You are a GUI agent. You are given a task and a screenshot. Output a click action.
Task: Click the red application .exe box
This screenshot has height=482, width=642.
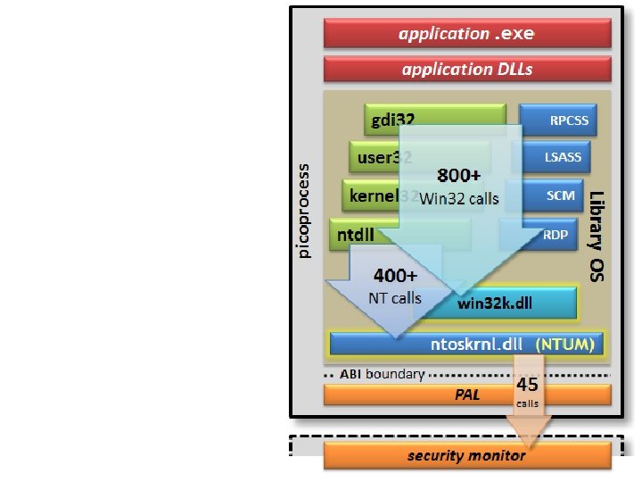[467, 34]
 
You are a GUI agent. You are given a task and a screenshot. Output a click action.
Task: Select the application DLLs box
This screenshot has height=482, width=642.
[467, 69]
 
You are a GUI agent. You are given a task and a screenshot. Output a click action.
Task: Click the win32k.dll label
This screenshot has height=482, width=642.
[495, 303]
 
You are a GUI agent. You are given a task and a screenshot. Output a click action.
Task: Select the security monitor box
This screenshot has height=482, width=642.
[467, 455]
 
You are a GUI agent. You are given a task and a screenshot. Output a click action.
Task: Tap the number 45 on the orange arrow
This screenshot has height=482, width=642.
[527, 385]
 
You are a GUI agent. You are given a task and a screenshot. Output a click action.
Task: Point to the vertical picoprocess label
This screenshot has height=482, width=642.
[304, 211]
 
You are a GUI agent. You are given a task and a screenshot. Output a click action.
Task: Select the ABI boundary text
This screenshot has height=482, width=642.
[383, 374]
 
